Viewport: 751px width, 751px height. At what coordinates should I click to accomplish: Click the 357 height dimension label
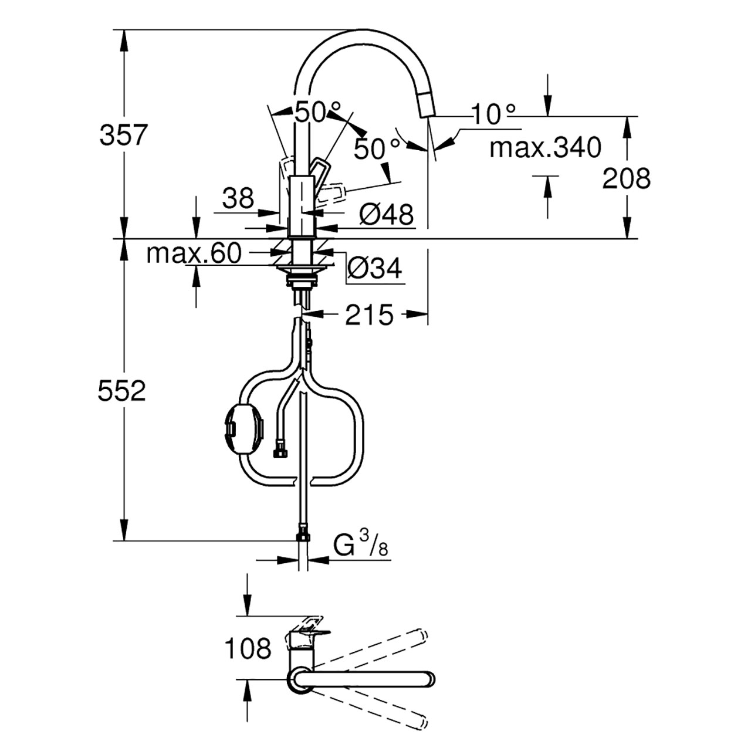[123, 134]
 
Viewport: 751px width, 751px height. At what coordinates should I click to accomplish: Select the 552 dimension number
[121, 391]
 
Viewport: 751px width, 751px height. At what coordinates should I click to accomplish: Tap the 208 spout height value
[626, 178]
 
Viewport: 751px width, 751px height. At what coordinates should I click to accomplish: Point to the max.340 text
[545, 148]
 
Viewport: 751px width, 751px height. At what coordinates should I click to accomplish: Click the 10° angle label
[493, 114]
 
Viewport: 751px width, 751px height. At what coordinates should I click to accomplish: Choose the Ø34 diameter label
[374, 269]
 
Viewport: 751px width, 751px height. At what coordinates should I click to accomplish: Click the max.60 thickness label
[194, 253]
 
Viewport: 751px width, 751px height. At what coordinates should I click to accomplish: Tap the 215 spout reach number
[368, 315]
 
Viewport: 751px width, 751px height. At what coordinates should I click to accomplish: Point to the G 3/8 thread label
[361, 544]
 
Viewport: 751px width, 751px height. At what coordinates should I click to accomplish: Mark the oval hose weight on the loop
[244, 430]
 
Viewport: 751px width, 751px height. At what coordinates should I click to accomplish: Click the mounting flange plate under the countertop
[302, 269]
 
